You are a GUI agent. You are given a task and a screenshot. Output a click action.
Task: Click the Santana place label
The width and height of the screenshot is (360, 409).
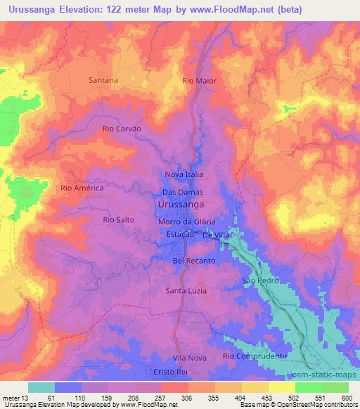point(103,80)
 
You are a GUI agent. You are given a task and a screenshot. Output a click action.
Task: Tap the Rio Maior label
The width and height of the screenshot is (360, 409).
point(199,81)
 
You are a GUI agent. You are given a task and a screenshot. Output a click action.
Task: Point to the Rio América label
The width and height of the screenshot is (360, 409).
point(82,188)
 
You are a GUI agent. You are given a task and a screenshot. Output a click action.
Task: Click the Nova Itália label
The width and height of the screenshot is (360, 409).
point(184,174)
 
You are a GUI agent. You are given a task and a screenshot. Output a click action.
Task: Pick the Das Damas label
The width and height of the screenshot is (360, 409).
point(182,192)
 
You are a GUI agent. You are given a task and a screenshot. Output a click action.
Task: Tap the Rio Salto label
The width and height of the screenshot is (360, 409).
point(118,220)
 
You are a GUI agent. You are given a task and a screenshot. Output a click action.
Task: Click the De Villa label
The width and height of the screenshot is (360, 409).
point(217,236)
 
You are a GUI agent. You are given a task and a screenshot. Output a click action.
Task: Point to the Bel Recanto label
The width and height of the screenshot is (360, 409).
point(193,261)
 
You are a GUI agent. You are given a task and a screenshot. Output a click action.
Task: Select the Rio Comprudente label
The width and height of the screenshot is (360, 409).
point(255,356)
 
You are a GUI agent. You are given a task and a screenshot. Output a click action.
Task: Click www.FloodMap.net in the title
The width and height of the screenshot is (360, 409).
point(223,10)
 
